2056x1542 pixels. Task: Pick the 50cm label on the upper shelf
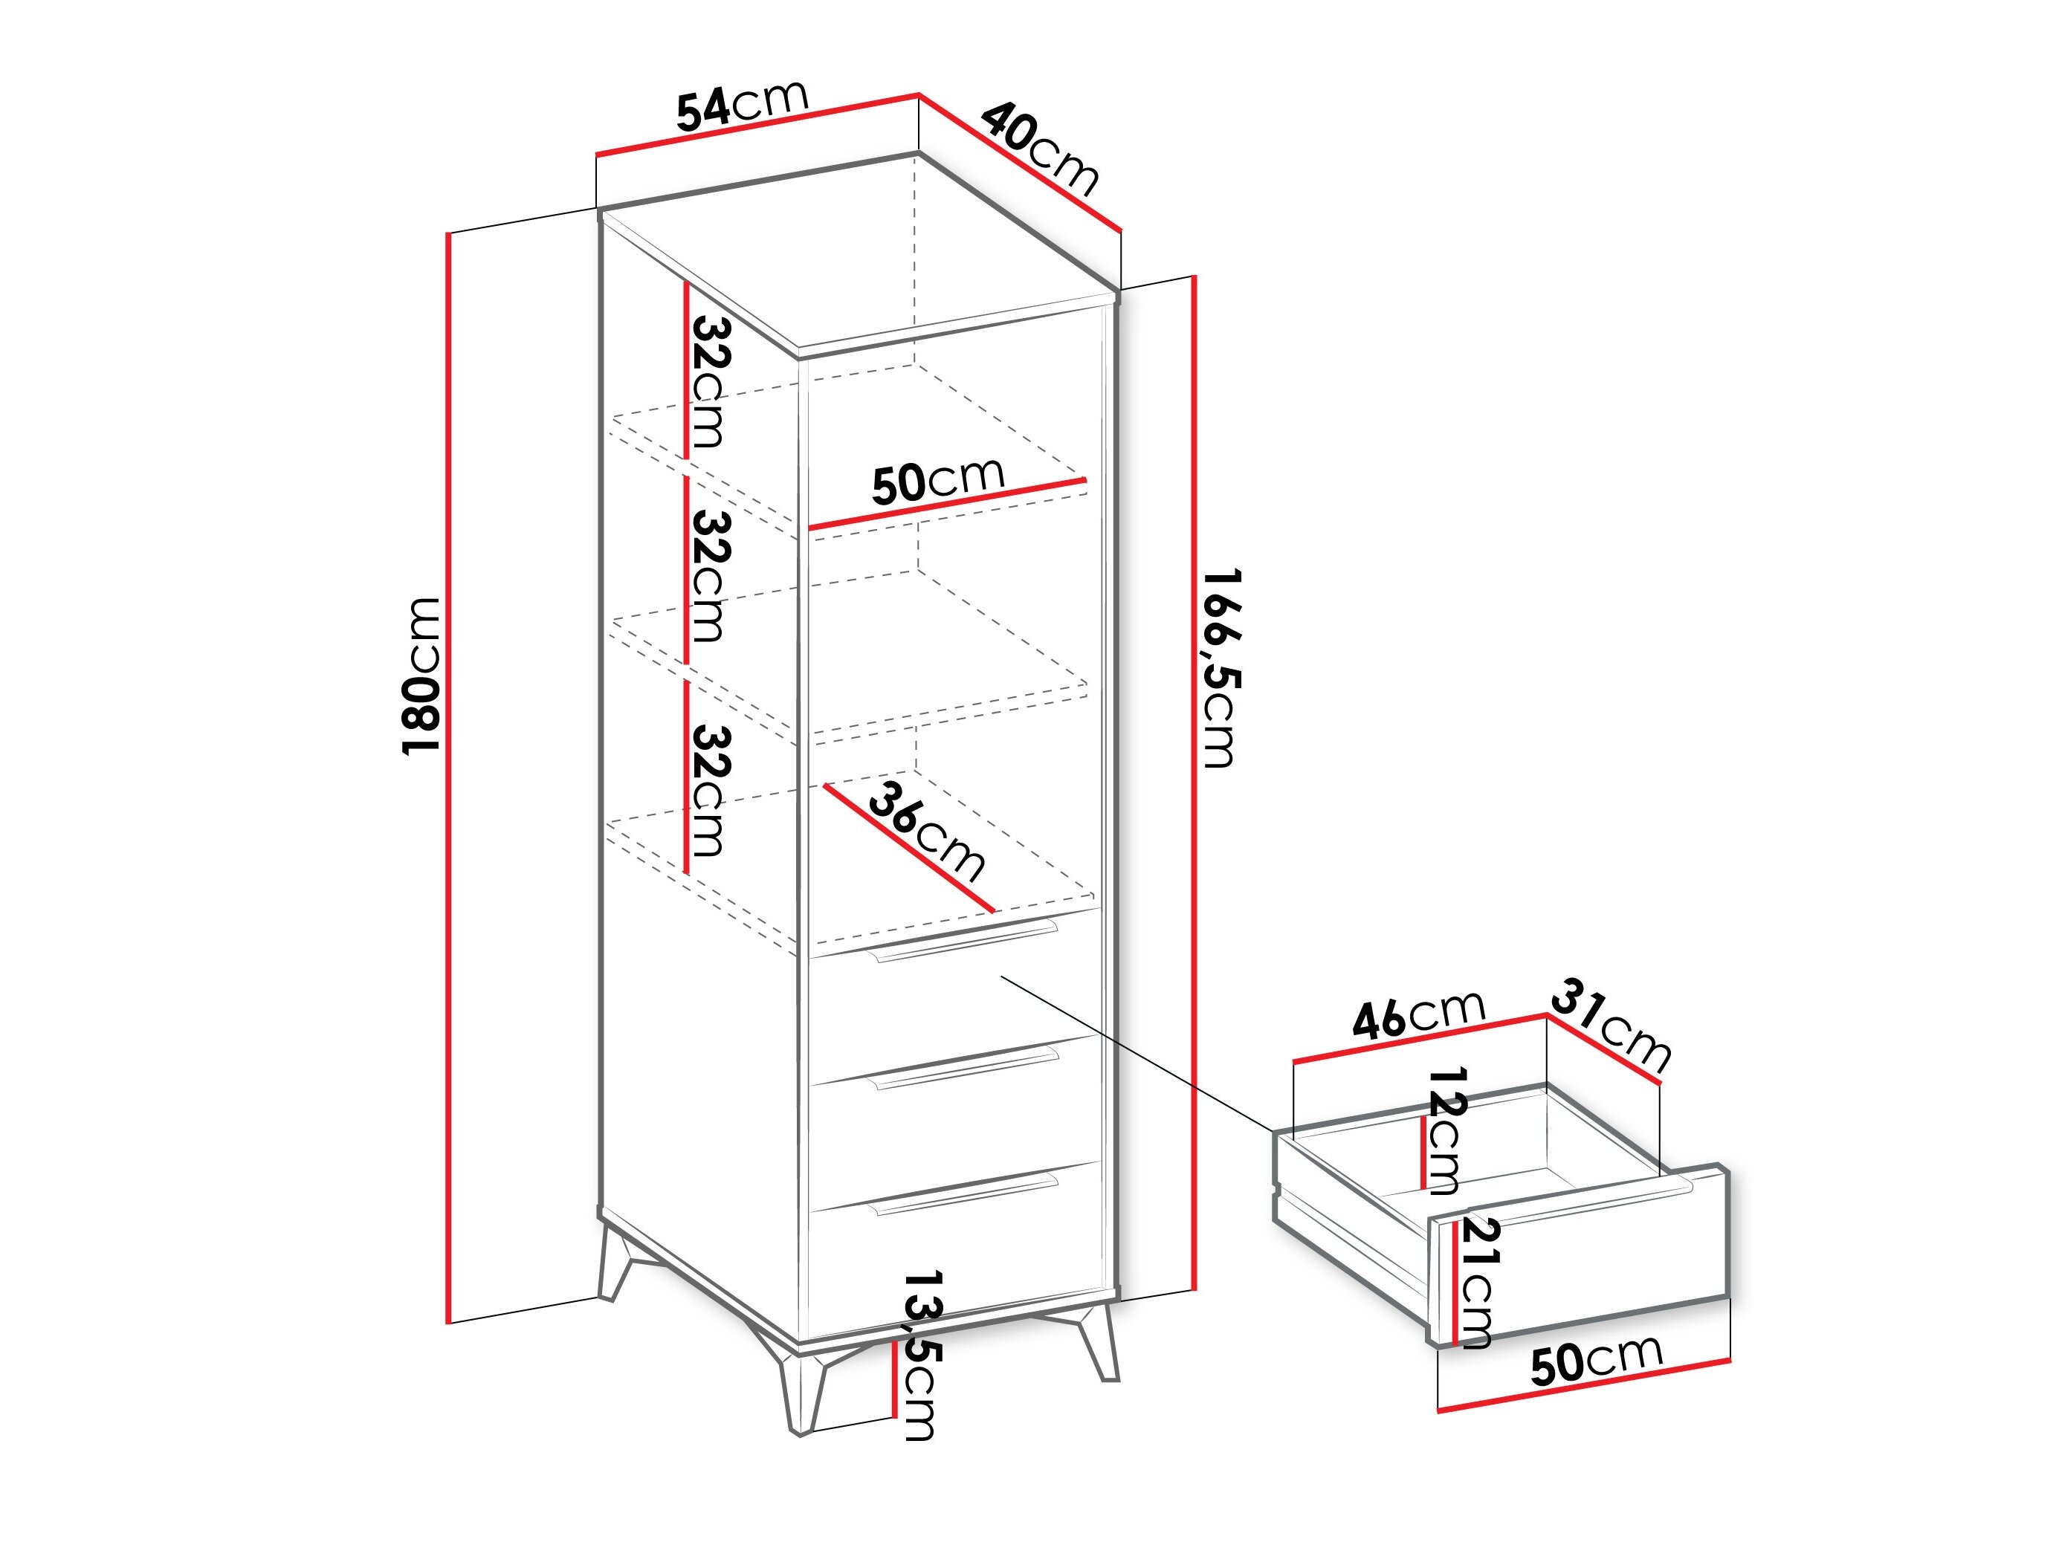pyautogui.click(x=939, y=481)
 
